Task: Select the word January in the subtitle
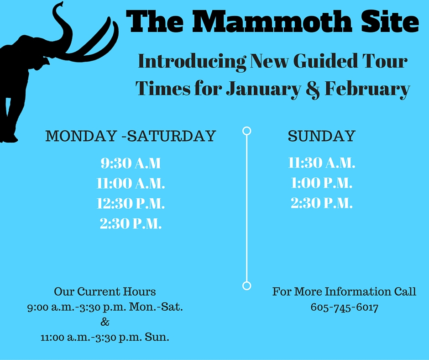click(263, 89)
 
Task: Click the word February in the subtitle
click(367, 89)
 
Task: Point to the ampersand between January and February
click(313, 89)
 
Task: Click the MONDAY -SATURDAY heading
click(131, 136)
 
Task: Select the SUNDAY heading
click(321, 136)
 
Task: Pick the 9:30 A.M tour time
click(131, 163)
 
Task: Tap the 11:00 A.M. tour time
click(131, 183)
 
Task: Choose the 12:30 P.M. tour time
click(131, 204)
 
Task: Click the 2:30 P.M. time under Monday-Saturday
click(131, 223)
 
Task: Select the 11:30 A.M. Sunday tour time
click(321, 163)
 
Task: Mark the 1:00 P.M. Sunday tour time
click(321, 183)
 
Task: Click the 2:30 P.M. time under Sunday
click(321, 203)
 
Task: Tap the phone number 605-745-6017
click(345, 307)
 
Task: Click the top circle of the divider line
click(247, 127)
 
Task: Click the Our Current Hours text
click(105, 291)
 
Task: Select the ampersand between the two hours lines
click(105, 322)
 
